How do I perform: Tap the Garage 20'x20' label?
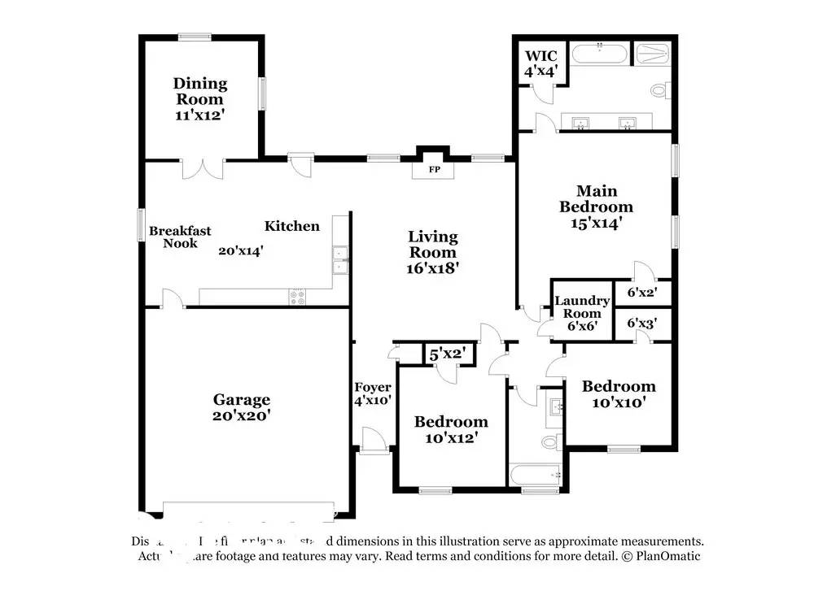pos(241,406)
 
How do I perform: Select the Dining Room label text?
pos(199,91)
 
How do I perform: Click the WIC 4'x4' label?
pos(540,63)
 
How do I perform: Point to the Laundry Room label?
pos(582,307)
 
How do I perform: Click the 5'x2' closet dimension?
pos(447,354)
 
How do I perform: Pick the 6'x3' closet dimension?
pos(641,324)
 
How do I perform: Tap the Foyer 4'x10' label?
pos(373,393)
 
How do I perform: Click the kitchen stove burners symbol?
pos(297,298)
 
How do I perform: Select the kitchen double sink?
pos(340,260)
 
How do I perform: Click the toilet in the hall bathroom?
pos(551,442)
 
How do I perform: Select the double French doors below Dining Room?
pos(202,167)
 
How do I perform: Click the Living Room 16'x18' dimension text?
pos(433,267)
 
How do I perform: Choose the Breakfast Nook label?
pos(180,237)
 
